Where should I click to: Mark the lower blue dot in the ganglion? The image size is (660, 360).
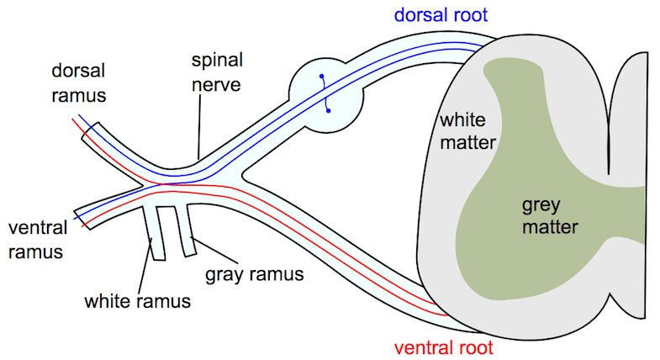(329, 108)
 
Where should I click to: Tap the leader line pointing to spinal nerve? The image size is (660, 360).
(199, 130)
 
